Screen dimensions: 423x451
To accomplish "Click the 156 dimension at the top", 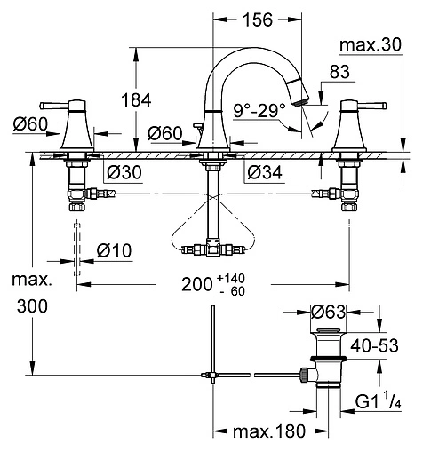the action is [x=258, y=20].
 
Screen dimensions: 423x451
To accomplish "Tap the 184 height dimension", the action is [x=136, y=99].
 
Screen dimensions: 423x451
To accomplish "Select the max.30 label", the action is [x=371, y=44].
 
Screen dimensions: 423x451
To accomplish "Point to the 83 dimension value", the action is [x=339, y=72].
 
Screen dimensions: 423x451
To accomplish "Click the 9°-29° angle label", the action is [x=259, y=111].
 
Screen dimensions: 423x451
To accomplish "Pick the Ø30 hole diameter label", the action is [x=124, y=172].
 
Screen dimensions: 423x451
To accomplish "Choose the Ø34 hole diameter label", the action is [x=265, y=172].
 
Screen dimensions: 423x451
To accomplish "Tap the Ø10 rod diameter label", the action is [x=114, y=251].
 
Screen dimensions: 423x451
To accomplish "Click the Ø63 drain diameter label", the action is [x=328, y=312].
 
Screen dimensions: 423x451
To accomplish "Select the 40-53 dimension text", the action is [x=374, y=345].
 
